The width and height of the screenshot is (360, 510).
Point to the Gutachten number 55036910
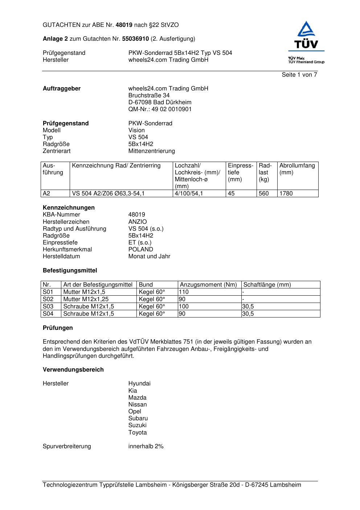135,39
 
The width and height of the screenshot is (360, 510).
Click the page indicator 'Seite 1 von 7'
299,75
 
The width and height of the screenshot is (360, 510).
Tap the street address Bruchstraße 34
149,96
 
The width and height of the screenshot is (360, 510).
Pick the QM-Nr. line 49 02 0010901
160,109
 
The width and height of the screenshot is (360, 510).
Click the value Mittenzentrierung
151,151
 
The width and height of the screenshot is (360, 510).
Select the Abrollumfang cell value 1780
286,194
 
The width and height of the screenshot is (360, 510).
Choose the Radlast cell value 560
263,194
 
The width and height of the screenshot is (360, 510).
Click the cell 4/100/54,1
189,194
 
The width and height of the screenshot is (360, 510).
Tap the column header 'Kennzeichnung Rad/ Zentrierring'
116,166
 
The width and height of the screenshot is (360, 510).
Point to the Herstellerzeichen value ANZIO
138,222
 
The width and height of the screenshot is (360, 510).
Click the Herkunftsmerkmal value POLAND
140,250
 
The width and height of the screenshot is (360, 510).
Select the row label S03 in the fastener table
48,307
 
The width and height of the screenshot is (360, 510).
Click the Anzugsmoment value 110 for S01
184,292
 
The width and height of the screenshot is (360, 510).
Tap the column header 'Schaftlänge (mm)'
267,285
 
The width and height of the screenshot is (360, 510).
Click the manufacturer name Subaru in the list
138,418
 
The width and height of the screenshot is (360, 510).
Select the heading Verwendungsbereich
73,370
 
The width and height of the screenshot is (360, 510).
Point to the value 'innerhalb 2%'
146,446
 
